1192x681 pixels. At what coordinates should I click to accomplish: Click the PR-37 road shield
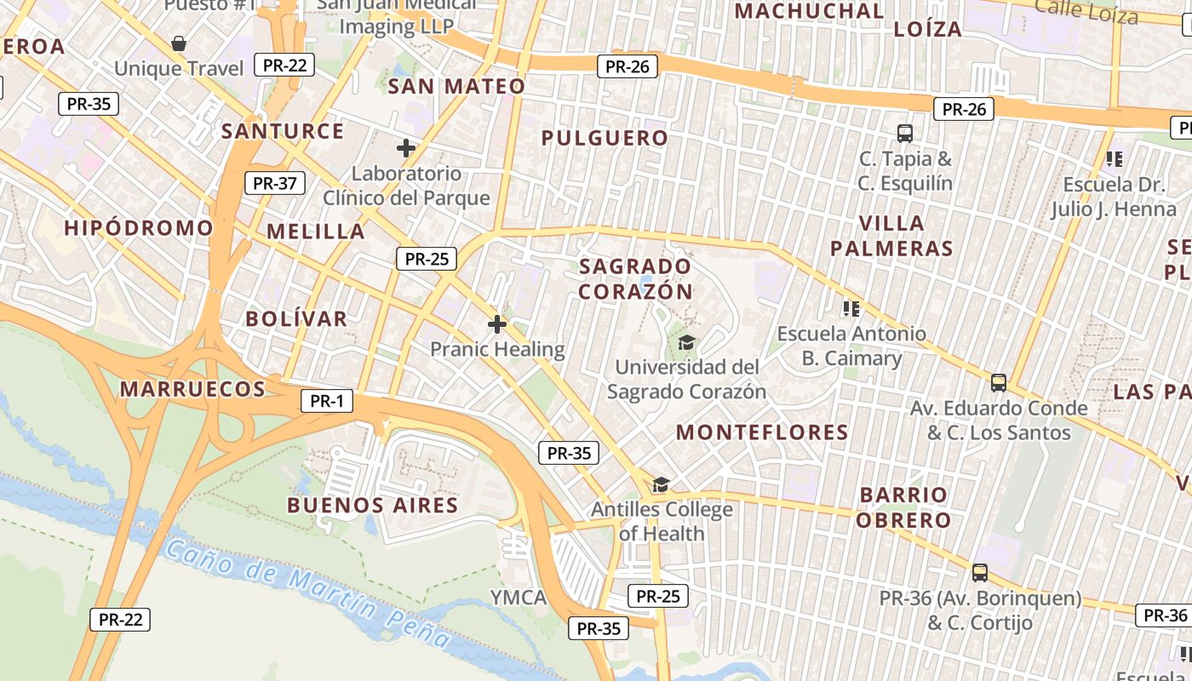[275, 183]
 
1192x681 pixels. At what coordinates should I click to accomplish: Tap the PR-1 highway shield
[326, 402]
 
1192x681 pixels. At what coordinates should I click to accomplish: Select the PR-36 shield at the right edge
[1165, 615]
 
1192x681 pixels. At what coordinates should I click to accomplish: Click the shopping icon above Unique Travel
[179, 43]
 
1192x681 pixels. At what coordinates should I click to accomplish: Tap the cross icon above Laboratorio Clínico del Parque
[406, 148]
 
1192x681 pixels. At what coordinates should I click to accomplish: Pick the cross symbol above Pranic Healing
[497, 324]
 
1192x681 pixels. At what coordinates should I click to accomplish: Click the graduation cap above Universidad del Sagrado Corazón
[686, 342]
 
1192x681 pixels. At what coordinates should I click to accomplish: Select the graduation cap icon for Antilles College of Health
[661, 485]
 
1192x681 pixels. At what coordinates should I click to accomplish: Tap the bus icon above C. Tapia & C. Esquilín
[905, 134]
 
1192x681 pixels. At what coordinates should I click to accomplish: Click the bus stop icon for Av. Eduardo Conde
[999, 383]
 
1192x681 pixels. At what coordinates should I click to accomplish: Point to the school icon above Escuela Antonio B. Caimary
[851, 308]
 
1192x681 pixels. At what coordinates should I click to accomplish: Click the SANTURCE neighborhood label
[283, 131]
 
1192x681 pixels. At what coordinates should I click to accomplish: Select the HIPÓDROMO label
[139, 228]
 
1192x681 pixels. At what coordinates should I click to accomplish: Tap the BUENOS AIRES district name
[373, 505]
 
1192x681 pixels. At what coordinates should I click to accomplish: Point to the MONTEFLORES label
[762, 432]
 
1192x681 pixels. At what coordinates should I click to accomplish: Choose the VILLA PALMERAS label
[891, 236]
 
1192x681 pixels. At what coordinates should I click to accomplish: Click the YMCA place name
[519, 598]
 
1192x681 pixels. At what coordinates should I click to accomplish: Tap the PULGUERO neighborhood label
[605, 138]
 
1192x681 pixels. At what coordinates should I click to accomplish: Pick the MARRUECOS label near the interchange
[192, 389]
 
